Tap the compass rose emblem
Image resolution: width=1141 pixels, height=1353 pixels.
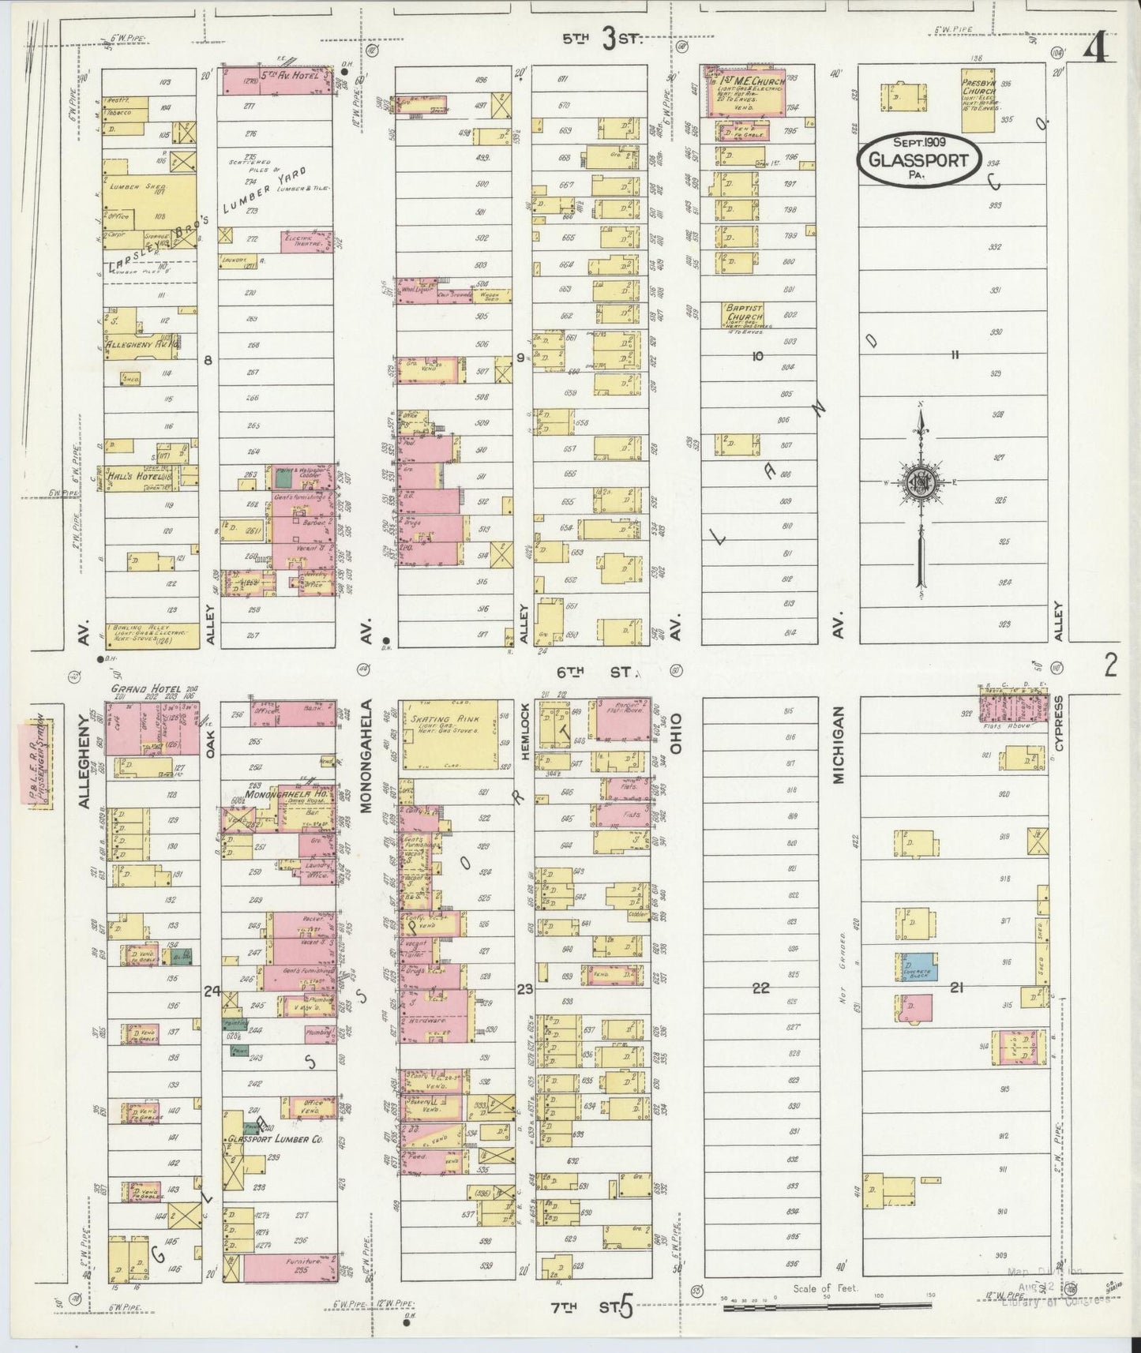click(x=920, y=482)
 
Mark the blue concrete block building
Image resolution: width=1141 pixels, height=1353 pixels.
click(x=916, y=967)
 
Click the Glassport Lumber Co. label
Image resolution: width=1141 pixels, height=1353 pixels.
click(x=272, y=1139)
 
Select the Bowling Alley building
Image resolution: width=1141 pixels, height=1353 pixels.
click(x=150, y=635)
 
